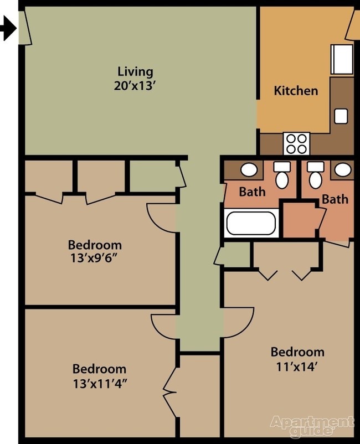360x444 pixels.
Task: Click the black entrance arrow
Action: pos(8,28)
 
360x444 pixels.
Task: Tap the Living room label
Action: pos(135,71)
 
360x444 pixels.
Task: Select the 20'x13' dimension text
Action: pos(135,86)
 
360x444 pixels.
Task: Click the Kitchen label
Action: pos(296,90)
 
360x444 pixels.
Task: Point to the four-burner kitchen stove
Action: pos(296,143)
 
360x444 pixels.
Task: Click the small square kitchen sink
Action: pos(341,116)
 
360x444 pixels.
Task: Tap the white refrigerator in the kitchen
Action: pos(341,59)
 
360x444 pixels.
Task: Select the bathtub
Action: pos(251,224)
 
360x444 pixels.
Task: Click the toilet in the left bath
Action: pos(282,176)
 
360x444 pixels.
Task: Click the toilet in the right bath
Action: pos(316,176)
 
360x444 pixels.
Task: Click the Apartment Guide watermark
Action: pos(312,425)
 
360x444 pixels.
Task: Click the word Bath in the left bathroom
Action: pos(252,192)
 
